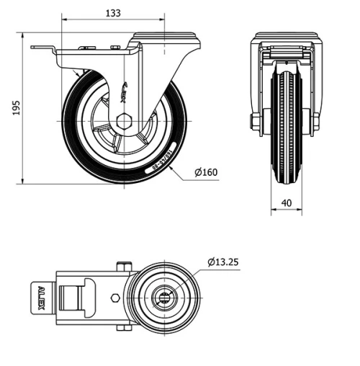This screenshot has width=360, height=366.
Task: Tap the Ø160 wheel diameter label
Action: pos(206,171)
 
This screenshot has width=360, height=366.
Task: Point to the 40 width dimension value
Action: pos(287,203)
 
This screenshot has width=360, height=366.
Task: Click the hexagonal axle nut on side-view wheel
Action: pos(123,120)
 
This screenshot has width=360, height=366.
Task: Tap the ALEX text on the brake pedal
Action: pos(41,297)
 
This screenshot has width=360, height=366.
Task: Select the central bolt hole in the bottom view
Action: pos(165,297)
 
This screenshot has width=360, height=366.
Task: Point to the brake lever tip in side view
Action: pos(35,48)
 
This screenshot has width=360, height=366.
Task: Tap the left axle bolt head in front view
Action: pos(256,122)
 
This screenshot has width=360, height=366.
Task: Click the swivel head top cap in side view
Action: pos(166,35)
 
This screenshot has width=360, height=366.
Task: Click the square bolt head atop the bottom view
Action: pos(124,268)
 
